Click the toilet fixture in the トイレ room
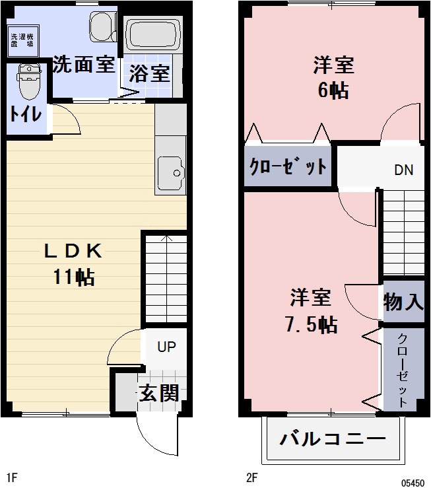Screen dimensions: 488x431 tap(28, 82)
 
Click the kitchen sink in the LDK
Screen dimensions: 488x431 tap(171, 174)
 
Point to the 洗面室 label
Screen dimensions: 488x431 tap(84, 66)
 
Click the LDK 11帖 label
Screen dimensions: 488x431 tap(73, 264)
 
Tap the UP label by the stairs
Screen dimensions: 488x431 tap(166, 346)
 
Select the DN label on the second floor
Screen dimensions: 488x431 tap(403, 170)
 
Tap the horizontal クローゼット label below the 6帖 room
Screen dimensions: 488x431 tap(287, 165)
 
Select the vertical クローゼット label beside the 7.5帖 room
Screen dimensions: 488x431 tap(402, 370)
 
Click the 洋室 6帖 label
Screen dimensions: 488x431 tap(333, 78)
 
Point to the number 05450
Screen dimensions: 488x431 tap(412, 483)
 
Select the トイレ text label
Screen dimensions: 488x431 tap(26, 114)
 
